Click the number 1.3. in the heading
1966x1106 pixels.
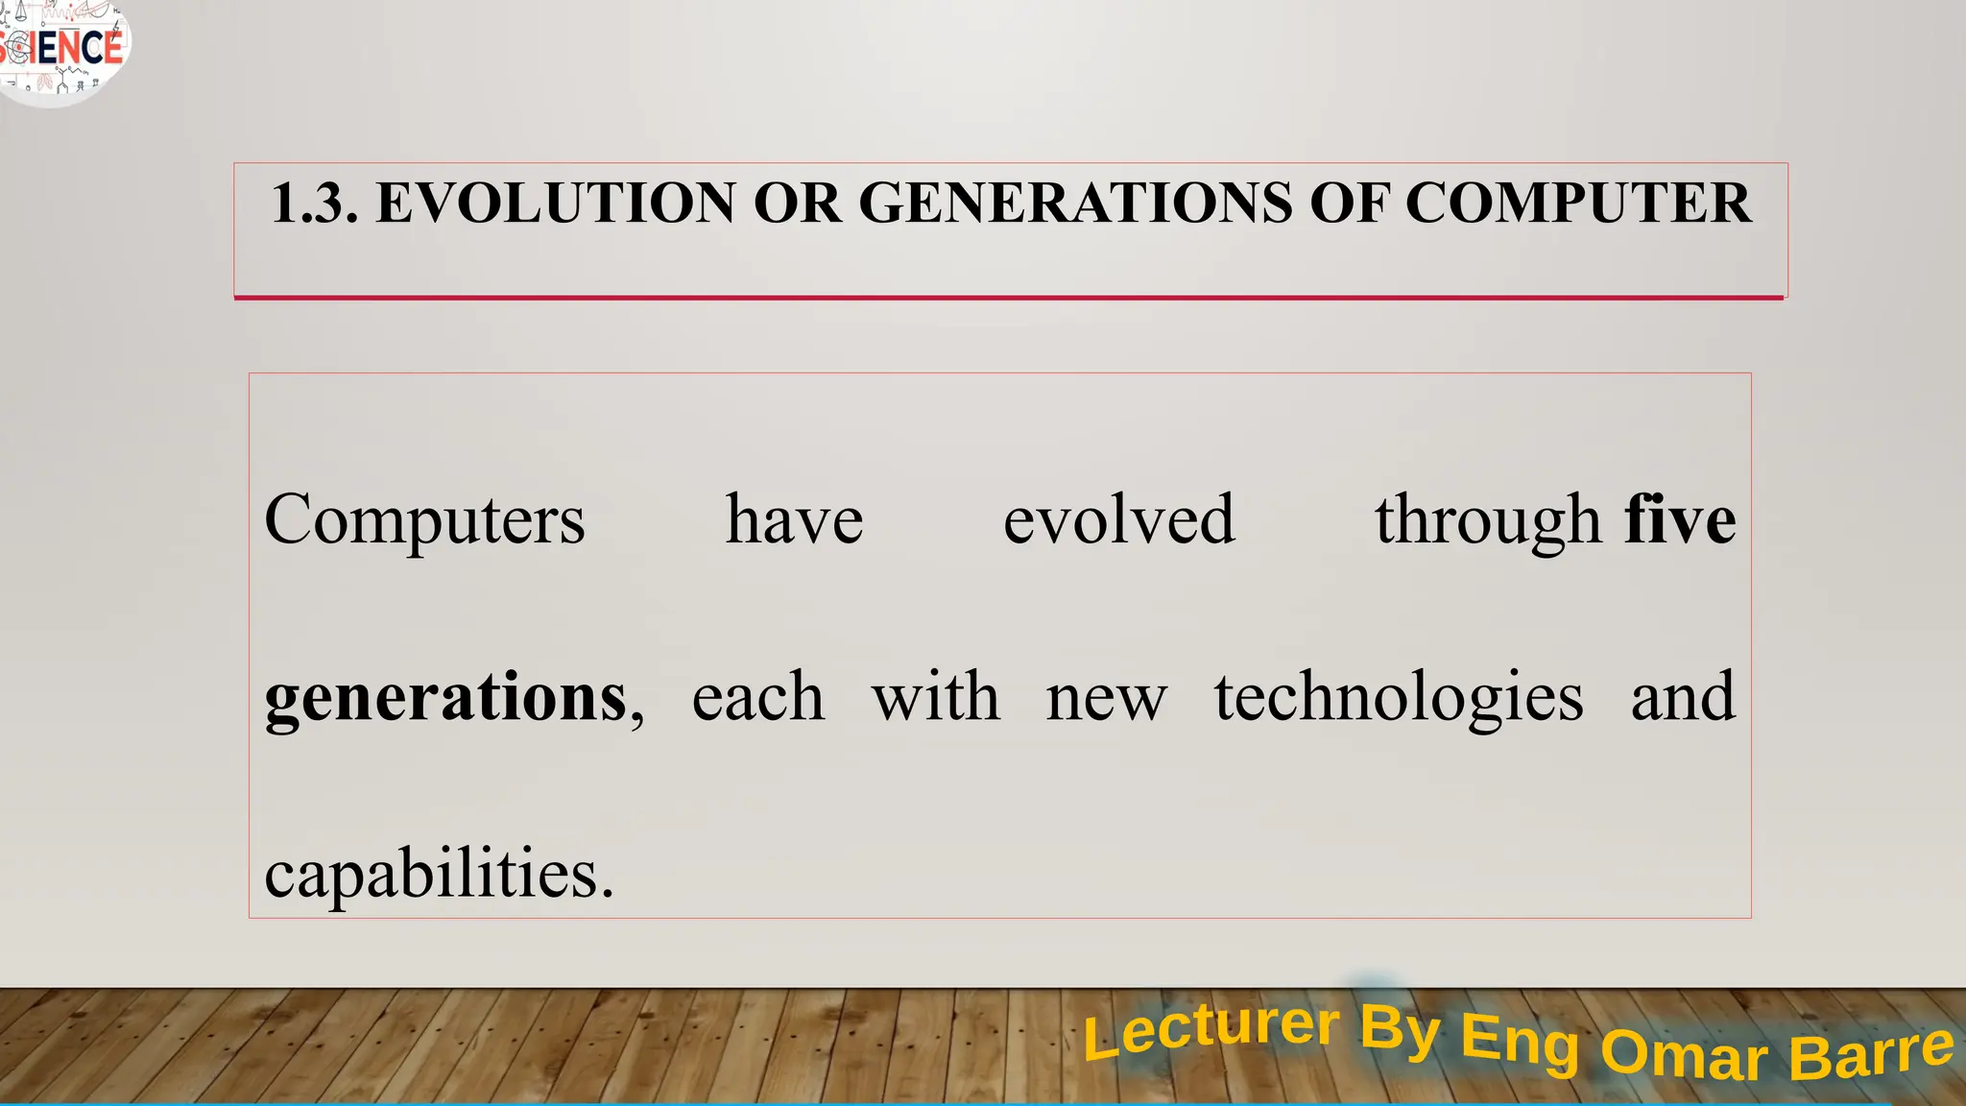(315, 204)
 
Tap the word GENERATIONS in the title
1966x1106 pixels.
(1075, 204)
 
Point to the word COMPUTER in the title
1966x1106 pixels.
(1578, 204)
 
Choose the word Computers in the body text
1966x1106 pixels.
(424, 520)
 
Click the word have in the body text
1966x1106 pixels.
(794, 520)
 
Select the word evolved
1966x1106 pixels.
(1119, 520)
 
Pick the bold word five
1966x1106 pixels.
(1680, 520)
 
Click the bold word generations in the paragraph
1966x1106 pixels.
(446, 699)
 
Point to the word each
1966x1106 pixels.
(757, 697)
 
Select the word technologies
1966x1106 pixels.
(1399, 699)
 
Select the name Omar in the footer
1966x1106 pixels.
(1685, 1055)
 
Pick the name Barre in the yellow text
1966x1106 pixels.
(1872, 1052)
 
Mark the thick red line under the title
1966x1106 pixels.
(1008, 298)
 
